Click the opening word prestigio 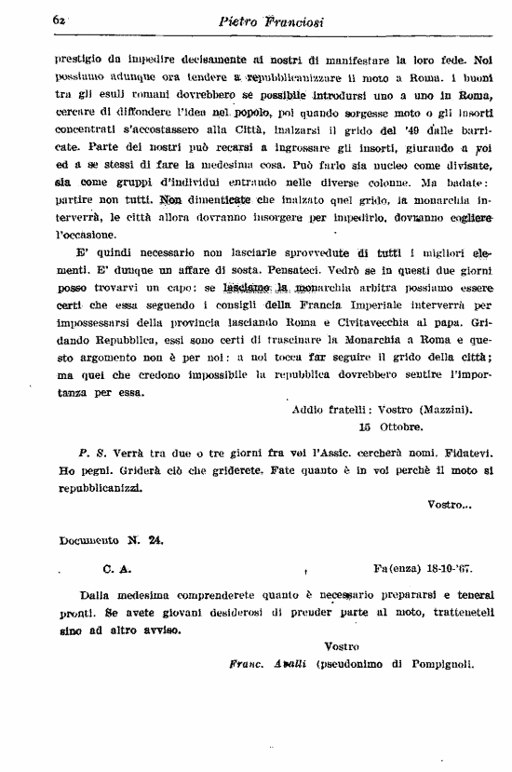(80, 57)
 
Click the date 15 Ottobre (390, 427)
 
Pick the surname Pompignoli (436, 664)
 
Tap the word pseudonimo (355, 664)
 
